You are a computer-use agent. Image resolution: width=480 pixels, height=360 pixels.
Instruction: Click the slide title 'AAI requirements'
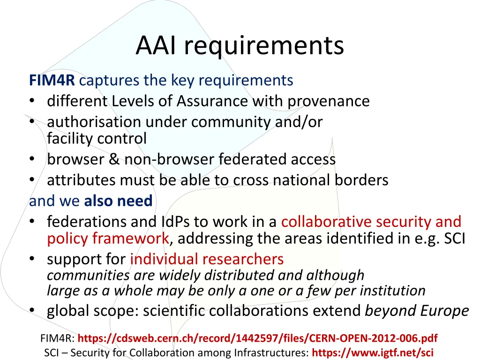[240, 46]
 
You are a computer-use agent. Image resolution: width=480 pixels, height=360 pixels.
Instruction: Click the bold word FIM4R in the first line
[52, 81]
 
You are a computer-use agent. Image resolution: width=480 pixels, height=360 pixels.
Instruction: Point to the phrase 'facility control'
[97, 139]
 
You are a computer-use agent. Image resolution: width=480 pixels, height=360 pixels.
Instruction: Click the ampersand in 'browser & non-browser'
[114, 159]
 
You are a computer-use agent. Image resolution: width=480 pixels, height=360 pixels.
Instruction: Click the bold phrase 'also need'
[118, 201]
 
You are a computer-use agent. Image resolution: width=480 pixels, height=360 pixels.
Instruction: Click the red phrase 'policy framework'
[107, 239]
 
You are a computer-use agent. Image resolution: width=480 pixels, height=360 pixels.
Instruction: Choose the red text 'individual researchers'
[207, 259]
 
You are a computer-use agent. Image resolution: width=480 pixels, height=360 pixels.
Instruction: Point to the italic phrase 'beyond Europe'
[417, 311]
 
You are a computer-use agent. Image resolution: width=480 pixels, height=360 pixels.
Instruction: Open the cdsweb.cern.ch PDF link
[257, 338]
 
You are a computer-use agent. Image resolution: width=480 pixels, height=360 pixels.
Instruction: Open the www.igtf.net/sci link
[372, 353]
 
